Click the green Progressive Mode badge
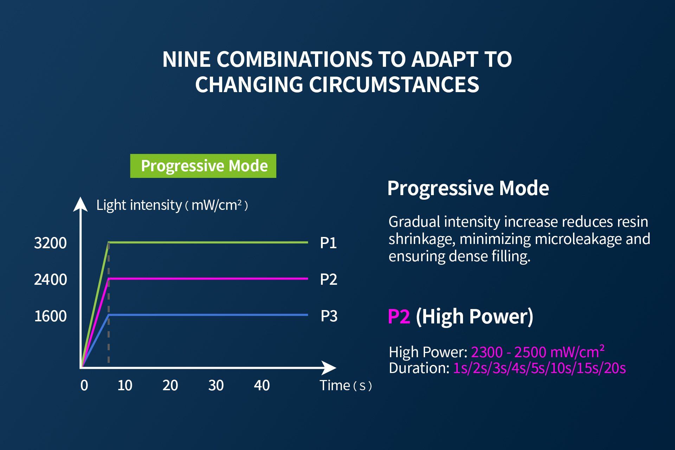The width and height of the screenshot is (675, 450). tap(203, 166)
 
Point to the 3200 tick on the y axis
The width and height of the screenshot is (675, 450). tap(50, 243)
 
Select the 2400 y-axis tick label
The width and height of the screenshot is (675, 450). tap(50, 279)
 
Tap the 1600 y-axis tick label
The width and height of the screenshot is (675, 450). tap(50, 316)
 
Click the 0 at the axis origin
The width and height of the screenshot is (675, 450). tap(84, 385)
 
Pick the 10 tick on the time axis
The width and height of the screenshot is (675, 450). tap(125, 385)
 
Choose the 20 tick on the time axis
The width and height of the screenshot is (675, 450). tap(170, 385)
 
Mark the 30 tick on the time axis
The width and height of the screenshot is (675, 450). tap(216, 385)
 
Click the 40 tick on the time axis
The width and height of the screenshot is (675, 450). tap(262, 385)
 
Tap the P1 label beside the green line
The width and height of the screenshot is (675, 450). tap(328, 243)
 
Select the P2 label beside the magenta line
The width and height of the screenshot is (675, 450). tap(329, 279)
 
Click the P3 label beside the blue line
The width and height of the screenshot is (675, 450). tap(329, 316)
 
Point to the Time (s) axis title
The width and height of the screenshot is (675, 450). tap(346, 386)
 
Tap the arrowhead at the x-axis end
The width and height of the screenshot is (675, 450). tap(329, 368)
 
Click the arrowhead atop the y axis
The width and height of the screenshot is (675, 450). tap(81, 204)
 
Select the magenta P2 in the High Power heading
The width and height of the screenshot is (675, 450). tap(399, 316)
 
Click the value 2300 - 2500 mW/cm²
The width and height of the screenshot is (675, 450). tap(538, 352)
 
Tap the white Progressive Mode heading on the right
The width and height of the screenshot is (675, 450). tap(468, 188)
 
